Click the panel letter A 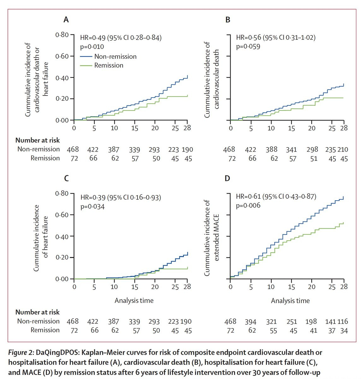[x=66, y=20]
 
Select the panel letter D [x=227, y=178]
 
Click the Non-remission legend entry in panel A [x=115, y=57]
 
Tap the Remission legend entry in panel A [x=109, y=65]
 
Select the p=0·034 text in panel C [x=92, y=207]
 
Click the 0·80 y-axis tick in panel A [x=62, y=35]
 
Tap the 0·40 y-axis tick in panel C [x=62, y=236]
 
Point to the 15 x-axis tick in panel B [x=291, y=128]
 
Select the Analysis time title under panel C [x=134, y=300]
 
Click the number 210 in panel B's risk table [x=343, y=149]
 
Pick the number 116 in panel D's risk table [x=342, y=322]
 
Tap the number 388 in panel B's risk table [x=271, y=149]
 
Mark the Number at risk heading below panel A [x=38, y=140]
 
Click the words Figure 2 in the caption [x=21, y=352]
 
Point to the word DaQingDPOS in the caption [x=58, y=352]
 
